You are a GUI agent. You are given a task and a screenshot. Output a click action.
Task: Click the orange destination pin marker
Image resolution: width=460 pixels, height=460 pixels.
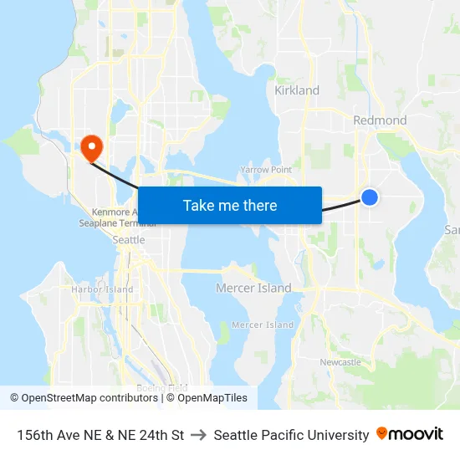(x=89, y=147)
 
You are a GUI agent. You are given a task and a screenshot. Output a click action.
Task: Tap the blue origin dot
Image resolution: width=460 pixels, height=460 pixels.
(x=370, y=197)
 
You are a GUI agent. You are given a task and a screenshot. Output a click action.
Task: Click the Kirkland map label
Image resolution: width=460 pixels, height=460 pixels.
(x=297, y=90)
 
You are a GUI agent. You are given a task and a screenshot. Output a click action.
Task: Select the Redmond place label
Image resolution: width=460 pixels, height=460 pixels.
(x=380, y=120)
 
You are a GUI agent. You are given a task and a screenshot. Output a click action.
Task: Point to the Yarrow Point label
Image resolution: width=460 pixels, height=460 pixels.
(x=266, y=170)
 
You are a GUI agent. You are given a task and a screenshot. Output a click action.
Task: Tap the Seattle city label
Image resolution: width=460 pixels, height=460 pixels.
(x=129, y=240)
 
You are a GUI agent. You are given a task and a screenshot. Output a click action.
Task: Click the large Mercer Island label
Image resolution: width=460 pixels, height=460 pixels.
(x=253, y=289)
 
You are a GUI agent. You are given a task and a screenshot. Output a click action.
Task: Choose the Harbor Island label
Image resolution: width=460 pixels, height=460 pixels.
(x=102, y=289)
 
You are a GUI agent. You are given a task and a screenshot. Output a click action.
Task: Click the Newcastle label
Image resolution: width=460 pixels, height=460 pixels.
(x=340, y=362)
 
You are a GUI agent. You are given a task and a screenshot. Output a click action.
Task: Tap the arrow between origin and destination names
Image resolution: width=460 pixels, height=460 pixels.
(x=199, y=435)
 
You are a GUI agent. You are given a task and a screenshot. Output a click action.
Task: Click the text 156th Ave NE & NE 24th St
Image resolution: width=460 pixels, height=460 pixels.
(x=100, y=435)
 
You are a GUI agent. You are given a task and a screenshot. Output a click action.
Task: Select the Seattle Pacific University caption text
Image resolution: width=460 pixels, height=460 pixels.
(x=291, y=435)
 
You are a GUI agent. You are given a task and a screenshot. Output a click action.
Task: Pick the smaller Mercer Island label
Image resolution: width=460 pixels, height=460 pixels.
(x=263, y=325)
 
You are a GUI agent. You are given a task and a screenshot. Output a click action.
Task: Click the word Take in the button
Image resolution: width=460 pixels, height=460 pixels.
(x=197, y=206)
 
